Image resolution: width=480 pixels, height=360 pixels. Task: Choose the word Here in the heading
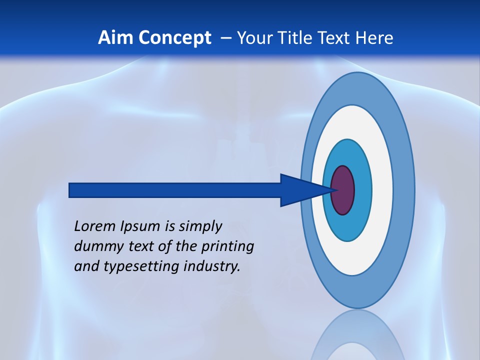pyautogui.click(x=374, y=38)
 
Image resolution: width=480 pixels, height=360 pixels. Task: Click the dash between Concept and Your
pyautogui.click(x=225, y=38)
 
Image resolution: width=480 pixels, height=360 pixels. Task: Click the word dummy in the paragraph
pyautogui.click(x=96, y=246)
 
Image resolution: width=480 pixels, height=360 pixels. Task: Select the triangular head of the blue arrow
pyautogui.click(x=300, y=190)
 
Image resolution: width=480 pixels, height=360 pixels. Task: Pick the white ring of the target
pyautogui.click(x=382, y=190)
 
